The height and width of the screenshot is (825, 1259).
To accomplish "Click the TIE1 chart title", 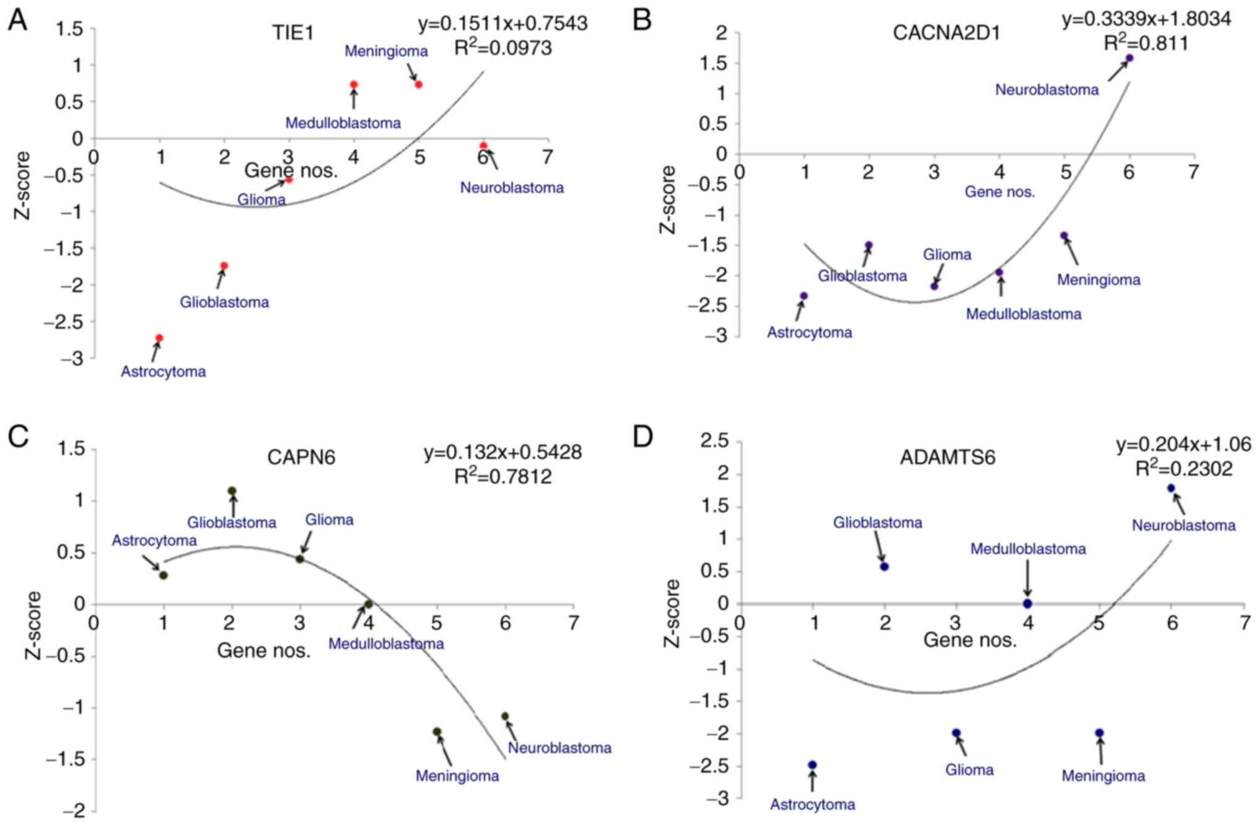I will [293, 33].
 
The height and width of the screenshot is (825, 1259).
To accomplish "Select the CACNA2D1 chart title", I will [946, 33].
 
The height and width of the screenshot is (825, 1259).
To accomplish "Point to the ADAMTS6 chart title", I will [947, 457].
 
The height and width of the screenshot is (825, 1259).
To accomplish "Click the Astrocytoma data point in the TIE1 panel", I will [159, 338].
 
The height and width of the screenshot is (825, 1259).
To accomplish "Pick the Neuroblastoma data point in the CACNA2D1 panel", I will [1129, 58].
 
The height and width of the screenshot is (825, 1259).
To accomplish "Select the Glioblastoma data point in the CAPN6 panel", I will [232, 491].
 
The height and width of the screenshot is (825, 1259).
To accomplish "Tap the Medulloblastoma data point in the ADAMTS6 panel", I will [1027, 603].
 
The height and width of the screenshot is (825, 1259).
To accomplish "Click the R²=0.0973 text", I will [502, 48].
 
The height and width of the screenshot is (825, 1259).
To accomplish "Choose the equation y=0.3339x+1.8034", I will [1146, 20].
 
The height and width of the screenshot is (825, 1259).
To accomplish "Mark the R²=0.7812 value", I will [502, 476].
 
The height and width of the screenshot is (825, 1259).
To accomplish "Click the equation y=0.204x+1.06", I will [1183, 445].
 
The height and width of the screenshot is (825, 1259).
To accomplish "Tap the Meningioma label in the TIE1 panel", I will [386, 51].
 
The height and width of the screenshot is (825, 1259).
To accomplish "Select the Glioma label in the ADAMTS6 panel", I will [969, 770].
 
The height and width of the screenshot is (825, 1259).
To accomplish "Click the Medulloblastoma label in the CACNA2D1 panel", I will [1024, 314].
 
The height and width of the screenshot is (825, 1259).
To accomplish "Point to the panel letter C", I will [19, 437].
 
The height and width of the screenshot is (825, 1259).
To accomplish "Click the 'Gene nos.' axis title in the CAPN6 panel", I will [263, 650].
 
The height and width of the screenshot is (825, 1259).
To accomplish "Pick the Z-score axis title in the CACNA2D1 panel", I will [668, 199].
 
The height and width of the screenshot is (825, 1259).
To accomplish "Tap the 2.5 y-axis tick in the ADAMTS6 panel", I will [714, 442].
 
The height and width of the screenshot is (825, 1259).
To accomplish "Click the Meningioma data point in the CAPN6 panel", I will [437, 731].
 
